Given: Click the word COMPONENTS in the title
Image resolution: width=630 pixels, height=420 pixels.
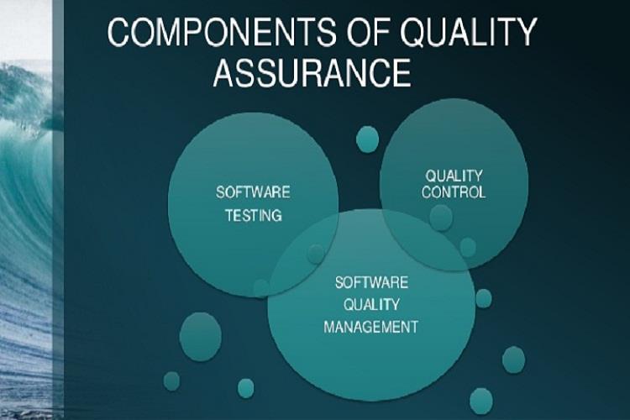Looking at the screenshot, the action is coord(222,31).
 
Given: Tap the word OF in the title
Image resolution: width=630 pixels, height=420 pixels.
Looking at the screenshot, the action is coord(370,31).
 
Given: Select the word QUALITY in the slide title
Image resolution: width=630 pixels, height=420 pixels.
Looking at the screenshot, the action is coord(469,31).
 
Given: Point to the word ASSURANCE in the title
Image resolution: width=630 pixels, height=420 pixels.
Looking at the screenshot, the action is coord(312,72).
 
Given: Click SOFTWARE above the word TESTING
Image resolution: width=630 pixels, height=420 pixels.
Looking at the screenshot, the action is coord(253,192).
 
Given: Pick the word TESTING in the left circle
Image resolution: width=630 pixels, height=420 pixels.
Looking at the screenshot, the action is coord(254,215).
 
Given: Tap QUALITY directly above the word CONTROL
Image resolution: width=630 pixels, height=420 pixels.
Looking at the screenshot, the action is coord(454,176).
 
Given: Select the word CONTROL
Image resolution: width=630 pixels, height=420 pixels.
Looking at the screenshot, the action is coord(454,192).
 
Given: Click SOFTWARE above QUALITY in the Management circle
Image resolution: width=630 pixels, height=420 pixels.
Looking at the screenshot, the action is coord(371,282).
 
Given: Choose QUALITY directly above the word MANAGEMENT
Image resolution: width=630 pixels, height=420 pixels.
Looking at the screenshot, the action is coord(371,305).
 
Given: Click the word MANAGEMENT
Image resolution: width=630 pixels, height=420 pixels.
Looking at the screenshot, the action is coord(370,327).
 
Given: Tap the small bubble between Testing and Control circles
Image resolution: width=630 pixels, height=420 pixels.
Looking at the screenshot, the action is coord(367,139).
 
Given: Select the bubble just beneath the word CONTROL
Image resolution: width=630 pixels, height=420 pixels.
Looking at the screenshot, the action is coord(441,218).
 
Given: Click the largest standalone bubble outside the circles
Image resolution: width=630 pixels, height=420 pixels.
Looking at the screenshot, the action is coord(200,337).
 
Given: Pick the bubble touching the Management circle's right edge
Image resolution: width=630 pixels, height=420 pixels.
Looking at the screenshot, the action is coord(483,299).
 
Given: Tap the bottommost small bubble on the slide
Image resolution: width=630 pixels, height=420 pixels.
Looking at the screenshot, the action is coord(481,401).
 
